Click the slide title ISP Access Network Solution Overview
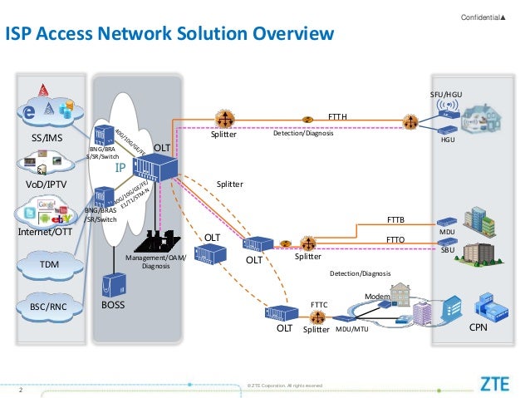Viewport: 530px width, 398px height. coord(169,34)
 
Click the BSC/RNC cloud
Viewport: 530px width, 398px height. coord(48,306)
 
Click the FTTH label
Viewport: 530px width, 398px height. coord(338,117)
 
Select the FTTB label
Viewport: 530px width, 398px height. coord(396,219)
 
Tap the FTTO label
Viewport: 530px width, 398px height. coord(396,239)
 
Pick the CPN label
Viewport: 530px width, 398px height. coord(478,328)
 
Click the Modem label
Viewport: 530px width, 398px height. coord(377,297)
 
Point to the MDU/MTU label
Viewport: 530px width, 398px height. coord(351,330)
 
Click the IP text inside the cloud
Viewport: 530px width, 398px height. coord(120,168)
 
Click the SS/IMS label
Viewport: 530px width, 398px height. coord(46,136)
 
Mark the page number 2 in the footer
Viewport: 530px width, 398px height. coord(20,386)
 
